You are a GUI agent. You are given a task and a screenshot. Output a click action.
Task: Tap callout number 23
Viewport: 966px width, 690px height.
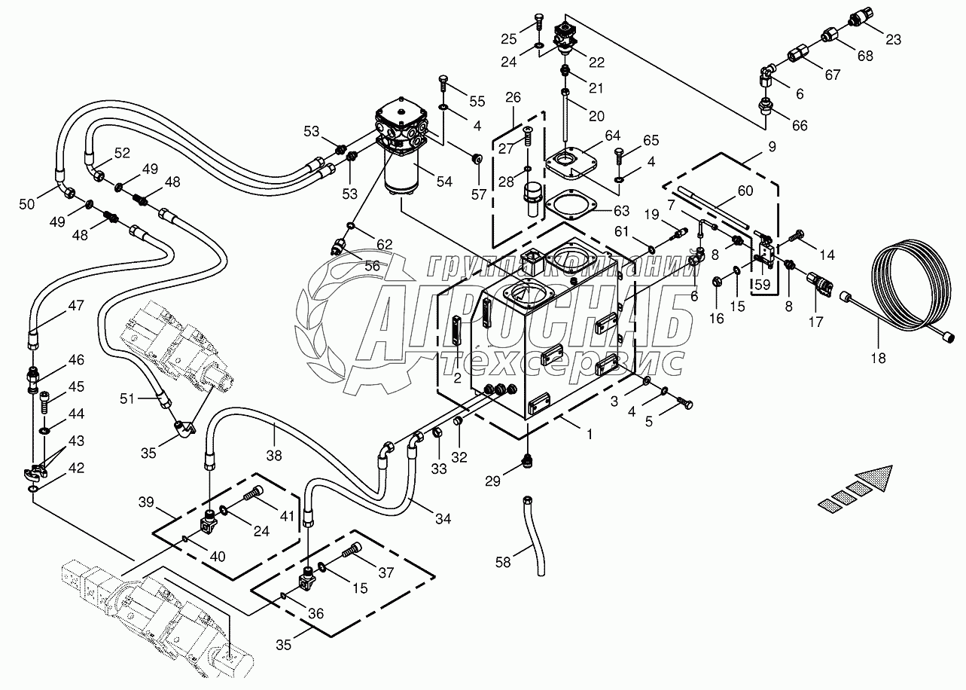coord(893,41)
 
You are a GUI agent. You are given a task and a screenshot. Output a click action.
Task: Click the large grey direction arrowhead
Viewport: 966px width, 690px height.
coord(877,480)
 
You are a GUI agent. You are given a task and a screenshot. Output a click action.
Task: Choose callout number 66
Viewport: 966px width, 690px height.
coord(799,126)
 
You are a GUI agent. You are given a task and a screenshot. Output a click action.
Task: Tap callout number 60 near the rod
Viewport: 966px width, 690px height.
coord(745,191)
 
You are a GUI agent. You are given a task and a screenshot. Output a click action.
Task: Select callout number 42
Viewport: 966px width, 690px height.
coord(76,468)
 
